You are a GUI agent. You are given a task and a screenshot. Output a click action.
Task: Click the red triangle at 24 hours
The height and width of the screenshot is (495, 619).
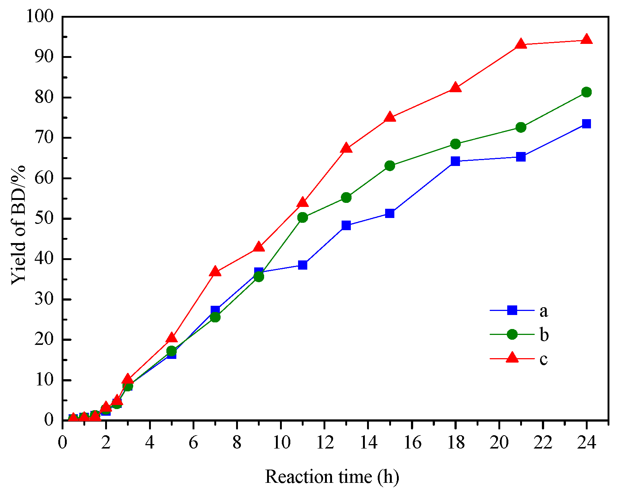[x=586, y=39]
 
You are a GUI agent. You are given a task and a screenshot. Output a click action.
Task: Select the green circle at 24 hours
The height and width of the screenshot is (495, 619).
[x=586, y=92]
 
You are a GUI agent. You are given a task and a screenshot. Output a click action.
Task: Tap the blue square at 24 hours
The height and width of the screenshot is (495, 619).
[x=586, y=124]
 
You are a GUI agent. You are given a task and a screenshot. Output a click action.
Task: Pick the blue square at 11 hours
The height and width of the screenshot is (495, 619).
[x=302, y=265]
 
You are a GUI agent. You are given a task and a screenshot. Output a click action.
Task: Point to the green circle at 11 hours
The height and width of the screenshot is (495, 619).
[x=302, y=217]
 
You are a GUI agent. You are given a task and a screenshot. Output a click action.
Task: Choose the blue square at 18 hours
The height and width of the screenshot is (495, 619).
[x=455, y=161]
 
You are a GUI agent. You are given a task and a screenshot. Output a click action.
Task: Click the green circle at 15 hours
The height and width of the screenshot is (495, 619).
[x=390, y=166]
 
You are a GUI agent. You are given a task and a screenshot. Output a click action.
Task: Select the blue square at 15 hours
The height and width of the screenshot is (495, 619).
[x=390, y=213]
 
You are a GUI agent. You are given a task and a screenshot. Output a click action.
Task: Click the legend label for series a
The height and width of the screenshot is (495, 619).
[x=543, y=311]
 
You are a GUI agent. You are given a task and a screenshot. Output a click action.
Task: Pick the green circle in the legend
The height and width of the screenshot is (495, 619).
[x=512, y=334]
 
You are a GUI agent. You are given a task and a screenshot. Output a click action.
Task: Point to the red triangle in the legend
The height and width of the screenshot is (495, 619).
[x=512, y=358]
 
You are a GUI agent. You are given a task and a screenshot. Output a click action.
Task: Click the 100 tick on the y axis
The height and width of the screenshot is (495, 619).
[x=40, y=16]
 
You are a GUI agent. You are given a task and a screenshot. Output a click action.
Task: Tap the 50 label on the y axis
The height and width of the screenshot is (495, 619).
[x=44, y=218]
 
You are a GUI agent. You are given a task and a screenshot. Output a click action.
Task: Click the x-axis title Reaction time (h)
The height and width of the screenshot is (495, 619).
[x=332, y=477]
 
